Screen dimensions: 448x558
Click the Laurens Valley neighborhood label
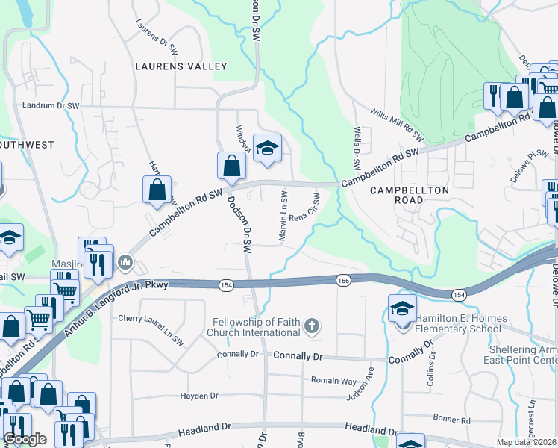pos(181,66)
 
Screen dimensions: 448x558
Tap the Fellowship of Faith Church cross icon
pos(312,326)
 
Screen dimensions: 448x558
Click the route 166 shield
pos(343,280)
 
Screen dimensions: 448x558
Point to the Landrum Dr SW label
pos(51,106)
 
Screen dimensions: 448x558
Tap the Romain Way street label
pos(333,380)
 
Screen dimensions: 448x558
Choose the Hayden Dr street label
pos(198,396)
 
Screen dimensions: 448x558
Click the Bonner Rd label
pos(455,420)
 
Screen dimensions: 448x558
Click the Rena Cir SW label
pos(304,208)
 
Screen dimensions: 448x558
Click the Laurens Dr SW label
pos(157,37)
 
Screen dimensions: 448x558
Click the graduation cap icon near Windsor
pos(266,148)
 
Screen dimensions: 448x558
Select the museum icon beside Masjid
pos(125,263)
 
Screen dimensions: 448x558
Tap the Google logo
pos(25,439)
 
